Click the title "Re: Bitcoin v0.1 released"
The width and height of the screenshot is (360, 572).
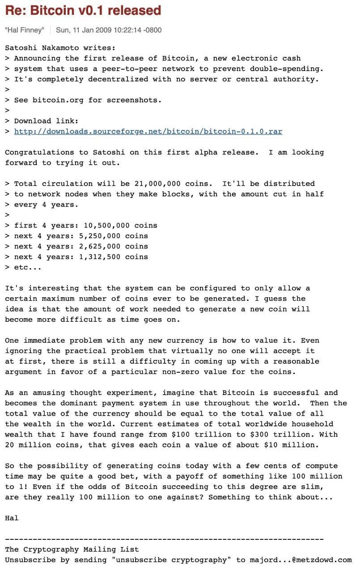click(83, 10)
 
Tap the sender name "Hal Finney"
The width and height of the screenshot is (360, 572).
click(25, 30)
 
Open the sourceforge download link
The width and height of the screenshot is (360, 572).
click(148, 131)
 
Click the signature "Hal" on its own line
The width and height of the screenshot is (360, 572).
click(12, 518)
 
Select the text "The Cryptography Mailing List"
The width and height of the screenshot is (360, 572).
click(72, 550)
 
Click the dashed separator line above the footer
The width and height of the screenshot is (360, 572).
click(164, 539)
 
